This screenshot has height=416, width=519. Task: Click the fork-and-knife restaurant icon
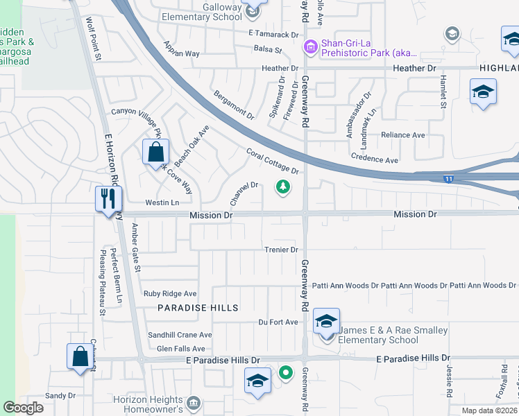click(x=107, y=198)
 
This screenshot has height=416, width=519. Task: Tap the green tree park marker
click(x=282, y=186)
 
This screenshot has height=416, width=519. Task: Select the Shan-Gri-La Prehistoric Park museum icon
click(x=310, y=47)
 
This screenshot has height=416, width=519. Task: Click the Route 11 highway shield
click(x=450, y=179)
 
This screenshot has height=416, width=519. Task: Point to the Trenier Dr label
click(x=281, y=250)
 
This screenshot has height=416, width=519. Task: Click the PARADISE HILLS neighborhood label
click(x=198, y=307)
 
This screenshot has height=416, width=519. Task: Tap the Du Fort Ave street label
click(x=278, y=322)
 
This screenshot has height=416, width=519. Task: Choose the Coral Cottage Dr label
click(x=272, y=161)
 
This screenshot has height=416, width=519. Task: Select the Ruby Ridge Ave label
click(x=170, y=294)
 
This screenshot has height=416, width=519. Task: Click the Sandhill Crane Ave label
click(x=180, y=334)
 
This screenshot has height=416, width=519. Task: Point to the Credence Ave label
click(x=374, y=159)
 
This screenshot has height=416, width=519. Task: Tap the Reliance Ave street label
click(x=403, y=135)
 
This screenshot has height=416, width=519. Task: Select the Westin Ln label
click(x=162, y=202)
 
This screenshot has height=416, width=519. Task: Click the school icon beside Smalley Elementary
click(x=326, y=322)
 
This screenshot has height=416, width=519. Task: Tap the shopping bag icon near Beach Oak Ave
click(x=156, y=152)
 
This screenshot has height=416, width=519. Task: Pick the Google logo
click(x=24, y=408)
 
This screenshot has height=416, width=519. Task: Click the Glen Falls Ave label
click(x=180, y=348)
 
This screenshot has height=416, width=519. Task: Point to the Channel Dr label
click(x=244, y=193)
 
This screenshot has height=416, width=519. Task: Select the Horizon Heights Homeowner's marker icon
click(x=194, y=403)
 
